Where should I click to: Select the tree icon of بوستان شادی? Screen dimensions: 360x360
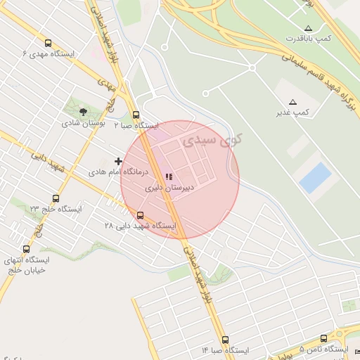pos(84,111)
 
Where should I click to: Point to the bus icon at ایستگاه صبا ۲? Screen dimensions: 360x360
pos(136,115)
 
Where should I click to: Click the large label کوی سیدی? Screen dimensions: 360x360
pos(211,140)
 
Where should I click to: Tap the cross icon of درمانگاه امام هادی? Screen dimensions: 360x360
pos(117,161)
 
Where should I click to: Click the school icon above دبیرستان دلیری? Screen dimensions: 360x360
pos(168,177)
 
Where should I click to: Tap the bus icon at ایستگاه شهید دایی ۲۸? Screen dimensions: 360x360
pos(140,215)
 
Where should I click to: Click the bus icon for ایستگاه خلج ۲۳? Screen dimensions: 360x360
pos(56,198)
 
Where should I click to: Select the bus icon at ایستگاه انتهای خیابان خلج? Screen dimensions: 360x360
pos(27,248)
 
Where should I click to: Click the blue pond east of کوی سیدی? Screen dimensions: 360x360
pos(315,178)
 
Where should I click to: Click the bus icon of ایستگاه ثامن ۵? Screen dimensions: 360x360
pos(323,338)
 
